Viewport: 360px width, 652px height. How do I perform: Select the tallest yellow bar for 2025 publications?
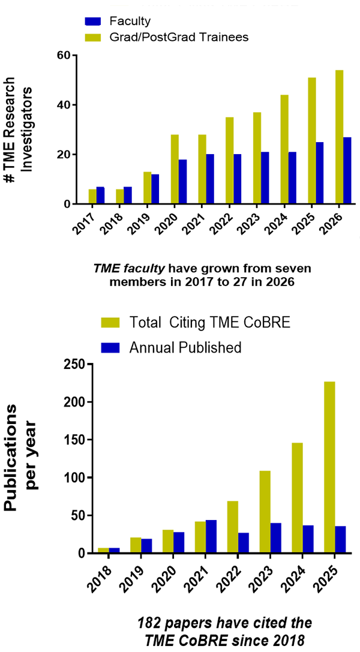[x=329, y=467]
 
